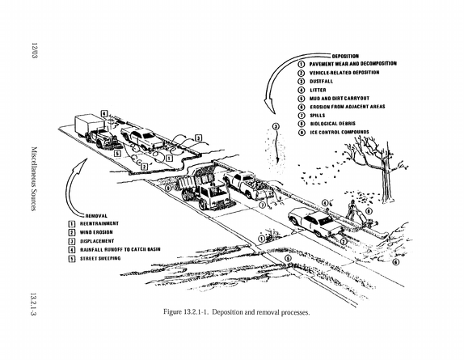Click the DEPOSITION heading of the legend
pos(345,56)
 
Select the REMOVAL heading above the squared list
pos(96,216)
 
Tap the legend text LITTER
pos(318,90)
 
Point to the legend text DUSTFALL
pos(322,82)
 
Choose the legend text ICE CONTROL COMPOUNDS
pos(340,132)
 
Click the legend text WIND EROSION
pos(96,232)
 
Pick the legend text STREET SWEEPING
pos(100,258)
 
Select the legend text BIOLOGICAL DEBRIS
pos(332,124)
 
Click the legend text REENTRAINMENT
pos(99,223)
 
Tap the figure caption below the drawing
pos(237,312)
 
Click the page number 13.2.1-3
pos(33,304)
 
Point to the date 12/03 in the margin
pos(34,50)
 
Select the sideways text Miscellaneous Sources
pos(34,179)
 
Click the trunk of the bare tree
pos(386,180)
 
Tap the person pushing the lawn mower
pos(352,210)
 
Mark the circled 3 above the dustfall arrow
pos(276,127)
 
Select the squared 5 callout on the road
pos(117,154)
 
